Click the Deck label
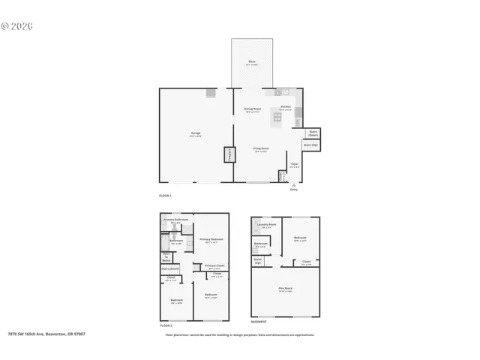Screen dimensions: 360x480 (253, 62)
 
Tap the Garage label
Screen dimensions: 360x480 (195, 134)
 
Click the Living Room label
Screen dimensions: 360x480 (260, 150)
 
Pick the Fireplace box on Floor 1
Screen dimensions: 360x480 (228, 154)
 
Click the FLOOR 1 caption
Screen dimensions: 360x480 (166, 196)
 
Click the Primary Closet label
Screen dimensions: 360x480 (214, 266)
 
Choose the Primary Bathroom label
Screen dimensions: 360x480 (175, 220)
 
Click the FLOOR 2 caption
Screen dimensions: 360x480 (166, 326)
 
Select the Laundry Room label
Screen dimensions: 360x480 (267, 225)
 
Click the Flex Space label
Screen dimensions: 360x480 (285, 289)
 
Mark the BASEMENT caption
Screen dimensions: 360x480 (259, 322)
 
